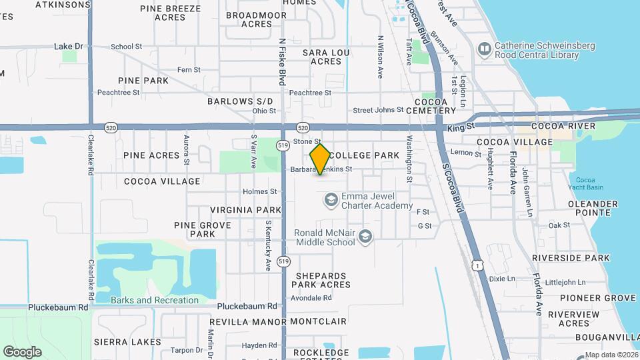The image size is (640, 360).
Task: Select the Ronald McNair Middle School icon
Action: (x=365, y=237)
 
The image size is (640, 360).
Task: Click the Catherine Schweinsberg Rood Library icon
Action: (x=485, y=49)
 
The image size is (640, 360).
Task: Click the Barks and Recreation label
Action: (x=155, y=300)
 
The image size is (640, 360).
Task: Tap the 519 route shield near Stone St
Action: (x=283, y=145)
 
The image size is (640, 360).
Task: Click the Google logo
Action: (x=22, y=351)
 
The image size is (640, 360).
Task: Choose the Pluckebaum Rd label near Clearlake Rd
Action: (x=59, y=307)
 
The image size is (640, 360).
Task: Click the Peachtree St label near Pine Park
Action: (x=118, y=93)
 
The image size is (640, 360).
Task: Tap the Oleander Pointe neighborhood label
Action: (x=584, y=208)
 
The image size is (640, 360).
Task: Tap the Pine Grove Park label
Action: (x=202, y=229)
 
